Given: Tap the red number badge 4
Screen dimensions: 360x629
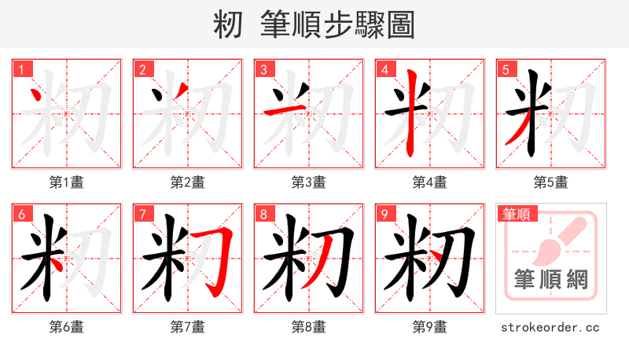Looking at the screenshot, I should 384,69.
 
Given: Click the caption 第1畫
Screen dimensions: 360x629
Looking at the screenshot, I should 66,182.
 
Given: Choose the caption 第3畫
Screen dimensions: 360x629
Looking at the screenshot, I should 308,182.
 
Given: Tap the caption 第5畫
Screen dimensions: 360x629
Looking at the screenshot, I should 550,182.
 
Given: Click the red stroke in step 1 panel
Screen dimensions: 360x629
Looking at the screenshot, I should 35,97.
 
